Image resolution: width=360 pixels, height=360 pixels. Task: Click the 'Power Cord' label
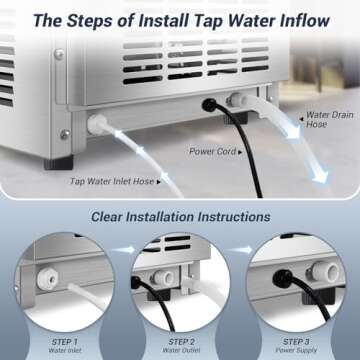(213, 152)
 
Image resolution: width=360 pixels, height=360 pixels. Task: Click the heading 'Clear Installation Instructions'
(179, 215)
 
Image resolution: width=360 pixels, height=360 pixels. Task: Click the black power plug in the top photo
(211, 102)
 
